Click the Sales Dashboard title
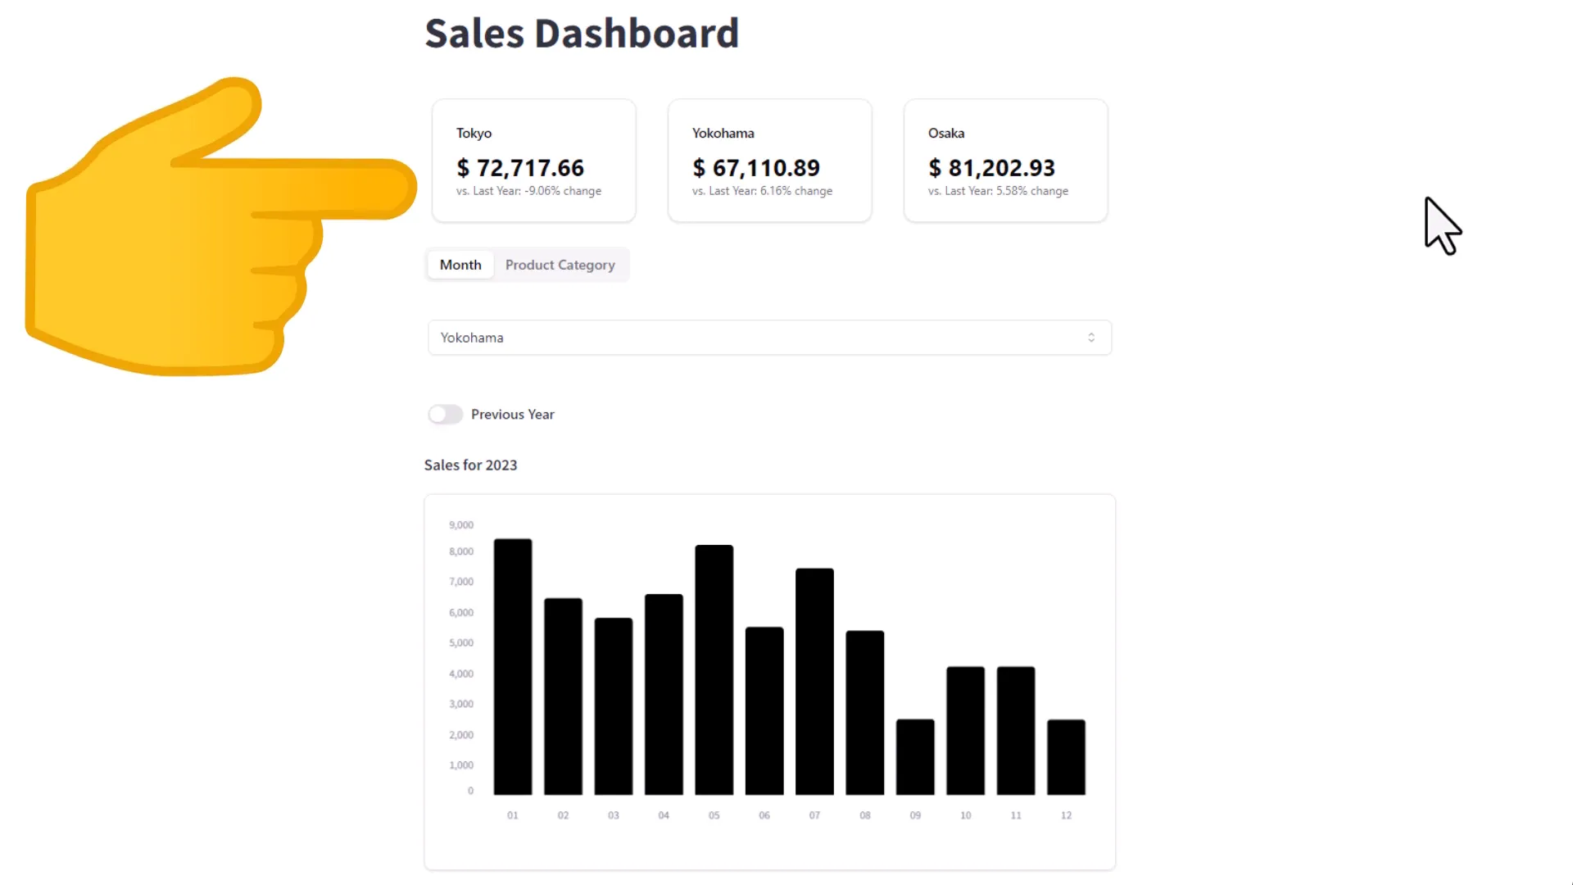[x=582, y=34]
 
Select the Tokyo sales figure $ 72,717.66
[x=520, y=168]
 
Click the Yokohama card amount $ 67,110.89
[x=756, y=168]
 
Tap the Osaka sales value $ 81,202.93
[x=992, y=168]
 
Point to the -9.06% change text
[x=542, y=191]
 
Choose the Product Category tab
[x=560, y=265]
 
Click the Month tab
[x=460, y=265]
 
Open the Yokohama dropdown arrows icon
[x=1091, y=338]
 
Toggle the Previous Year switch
[x=446, y=415]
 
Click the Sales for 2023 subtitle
[x=470, y=465]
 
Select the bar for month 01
[x=513, y=667]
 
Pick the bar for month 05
[x=714, y=670]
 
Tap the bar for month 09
[x=915, y=757]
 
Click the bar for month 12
[x=1066, y=757]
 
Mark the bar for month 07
[x=814, y=682]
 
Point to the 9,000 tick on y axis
[x=461, y=525]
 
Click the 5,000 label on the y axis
[x=461, y=643]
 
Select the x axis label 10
[x=966, y=815]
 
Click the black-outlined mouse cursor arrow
[x=1440, y=225]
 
